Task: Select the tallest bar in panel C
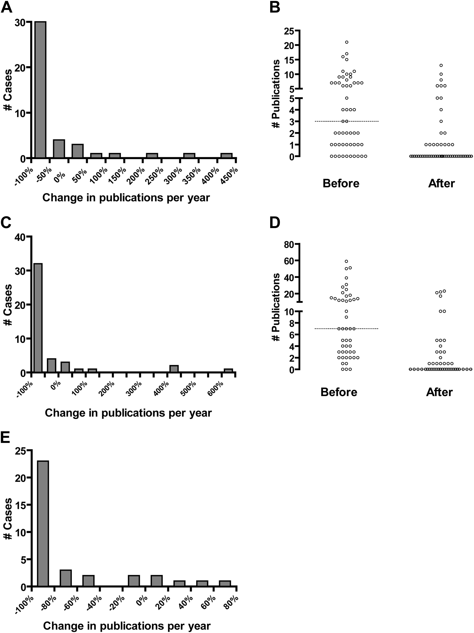tap(38, 318)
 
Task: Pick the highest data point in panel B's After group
tap(441, 65)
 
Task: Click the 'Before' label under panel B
tap(341, 183)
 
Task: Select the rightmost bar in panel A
tap(226, 155)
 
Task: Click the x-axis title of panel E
tap(127, 626)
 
